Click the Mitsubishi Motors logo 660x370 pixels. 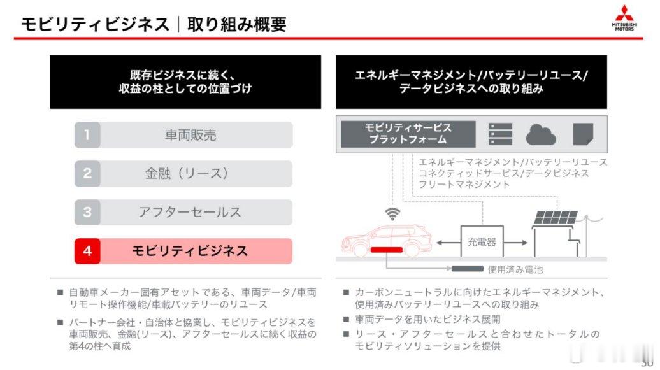point(624,18)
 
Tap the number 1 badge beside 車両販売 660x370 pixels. point(87,135)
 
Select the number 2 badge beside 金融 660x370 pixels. point(87,173)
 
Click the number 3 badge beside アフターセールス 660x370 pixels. point(87,212)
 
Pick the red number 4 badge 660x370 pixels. point(87,251)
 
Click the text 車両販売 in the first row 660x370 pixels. point(190,135)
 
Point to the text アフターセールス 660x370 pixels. point(190,212)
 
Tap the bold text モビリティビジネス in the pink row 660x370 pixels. point(190,251)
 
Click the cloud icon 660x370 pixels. point(541,134)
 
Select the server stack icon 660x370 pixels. point(501,134)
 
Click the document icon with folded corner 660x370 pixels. point(584,134)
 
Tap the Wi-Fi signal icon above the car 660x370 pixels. point(392,214)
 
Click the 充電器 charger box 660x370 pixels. point(482,241)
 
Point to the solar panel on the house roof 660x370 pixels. point(556,218)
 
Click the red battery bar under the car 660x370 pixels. point(387,250)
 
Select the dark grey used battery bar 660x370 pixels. point(467,269)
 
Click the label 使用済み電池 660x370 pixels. point(515,269)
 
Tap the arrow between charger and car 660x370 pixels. point(448,243)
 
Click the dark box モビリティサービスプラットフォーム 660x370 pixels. point(408,134)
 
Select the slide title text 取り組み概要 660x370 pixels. point(237,24)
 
